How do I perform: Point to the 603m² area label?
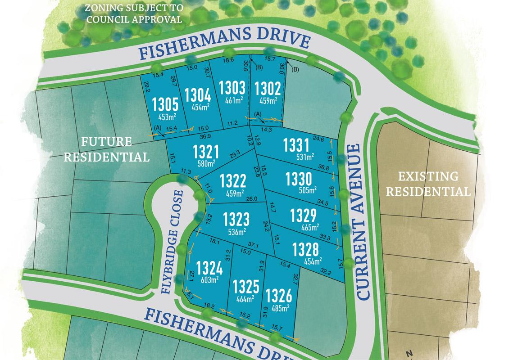click(209, 279)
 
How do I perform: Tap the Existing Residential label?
click(428, 184)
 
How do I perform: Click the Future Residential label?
click(106, 149)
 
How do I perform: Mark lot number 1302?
click(268, 89)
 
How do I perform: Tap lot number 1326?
click(278, 296)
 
